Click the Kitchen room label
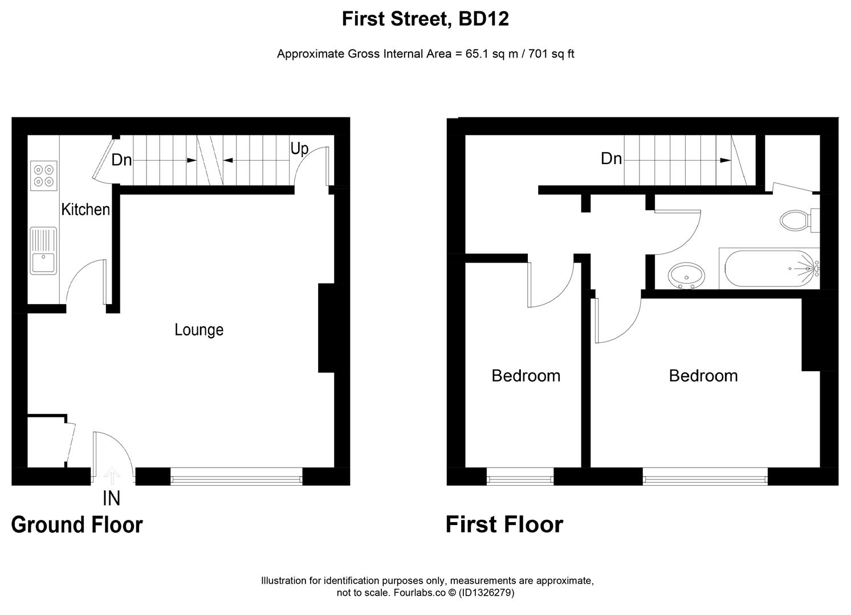coord(85,210)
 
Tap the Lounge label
coord(199,330)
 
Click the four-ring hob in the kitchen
coord(44,176)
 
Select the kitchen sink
coord(43,251)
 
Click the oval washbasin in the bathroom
coord(686,276)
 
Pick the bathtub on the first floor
coord(769,268)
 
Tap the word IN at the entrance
coord(111,498)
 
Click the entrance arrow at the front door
coord(112,476)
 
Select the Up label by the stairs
coord(299,149)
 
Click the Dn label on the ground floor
coord(121,160)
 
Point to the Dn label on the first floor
coord(611,158)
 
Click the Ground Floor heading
coord(77,524)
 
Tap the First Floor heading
coord(504,524)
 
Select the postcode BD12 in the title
coord(483,19)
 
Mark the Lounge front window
coord(237,477)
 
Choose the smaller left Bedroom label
coord(526,376)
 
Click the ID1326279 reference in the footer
coord(486,593)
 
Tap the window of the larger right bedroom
coord(705,477)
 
